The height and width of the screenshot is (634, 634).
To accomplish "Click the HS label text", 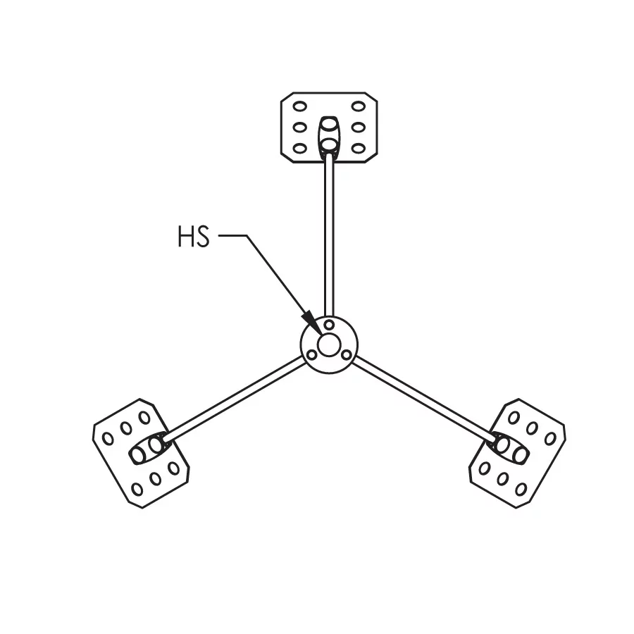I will click(x=194, y=237).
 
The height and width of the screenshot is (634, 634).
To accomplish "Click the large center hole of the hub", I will click(x=329, y=345).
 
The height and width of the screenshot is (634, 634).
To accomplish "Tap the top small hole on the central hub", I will click(x=329, y=325).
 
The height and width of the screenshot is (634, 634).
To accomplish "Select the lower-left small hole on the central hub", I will click(x=312, y=355).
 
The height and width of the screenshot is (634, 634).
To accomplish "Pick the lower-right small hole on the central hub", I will click(x=346, y=355).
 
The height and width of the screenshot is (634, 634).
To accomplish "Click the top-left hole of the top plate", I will click(x=300, y=107).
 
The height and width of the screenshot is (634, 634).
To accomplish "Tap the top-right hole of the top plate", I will click(x=358, y=107).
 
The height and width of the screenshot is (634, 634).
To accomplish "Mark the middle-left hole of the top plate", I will click(x=300, y=128).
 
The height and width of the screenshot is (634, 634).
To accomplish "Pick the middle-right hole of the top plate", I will click(x=358, y=128).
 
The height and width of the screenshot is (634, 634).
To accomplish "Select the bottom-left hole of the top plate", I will click(x=300, y=148).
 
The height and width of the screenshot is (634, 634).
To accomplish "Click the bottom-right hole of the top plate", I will click(x=358, y=148).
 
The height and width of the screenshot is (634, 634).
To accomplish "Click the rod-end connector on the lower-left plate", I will click(x=148, y=449).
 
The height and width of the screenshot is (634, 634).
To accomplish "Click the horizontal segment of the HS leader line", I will click(x=232, y=236).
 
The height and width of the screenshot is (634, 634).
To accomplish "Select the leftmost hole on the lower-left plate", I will click(x=108, y=437).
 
